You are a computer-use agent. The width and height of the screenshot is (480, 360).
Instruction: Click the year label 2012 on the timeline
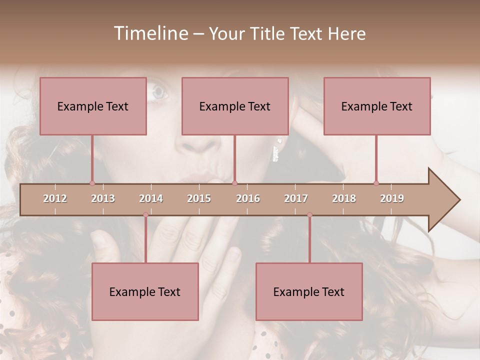(55, 198)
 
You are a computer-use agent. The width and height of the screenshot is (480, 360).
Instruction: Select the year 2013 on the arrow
(103, 198)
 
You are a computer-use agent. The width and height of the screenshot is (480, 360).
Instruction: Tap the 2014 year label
(151, 198)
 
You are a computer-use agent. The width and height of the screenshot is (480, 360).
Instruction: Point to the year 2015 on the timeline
(199, 198)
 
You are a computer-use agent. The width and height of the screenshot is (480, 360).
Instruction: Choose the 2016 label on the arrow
(248, 198)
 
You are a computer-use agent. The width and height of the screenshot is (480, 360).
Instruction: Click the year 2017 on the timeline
(296, 198)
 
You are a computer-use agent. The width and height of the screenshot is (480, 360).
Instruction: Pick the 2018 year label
(344, 198)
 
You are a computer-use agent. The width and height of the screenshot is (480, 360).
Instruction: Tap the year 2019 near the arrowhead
(392, 198)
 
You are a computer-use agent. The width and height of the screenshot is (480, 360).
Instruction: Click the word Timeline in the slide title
(150, 33)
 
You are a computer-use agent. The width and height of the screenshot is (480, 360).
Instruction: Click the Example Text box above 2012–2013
(93, 106)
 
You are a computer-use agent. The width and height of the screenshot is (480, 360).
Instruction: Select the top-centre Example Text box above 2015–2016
(235, 106)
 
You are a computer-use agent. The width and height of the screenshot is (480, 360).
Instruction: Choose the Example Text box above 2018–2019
(377, 106)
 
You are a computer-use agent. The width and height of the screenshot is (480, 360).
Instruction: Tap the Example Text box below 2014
(145, 291)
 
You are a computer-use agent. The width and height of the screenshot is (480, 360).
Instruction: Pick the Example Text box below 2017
(309, 291)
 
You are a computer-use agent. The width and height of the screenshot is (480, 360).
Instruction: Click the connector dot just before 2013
(92, 183)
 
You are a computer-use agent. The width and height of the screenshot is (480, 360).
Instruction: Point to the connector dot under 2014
(145, 214)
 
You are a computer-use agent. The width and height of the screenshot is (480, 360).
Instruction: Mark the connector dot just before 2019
(376, 183)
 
